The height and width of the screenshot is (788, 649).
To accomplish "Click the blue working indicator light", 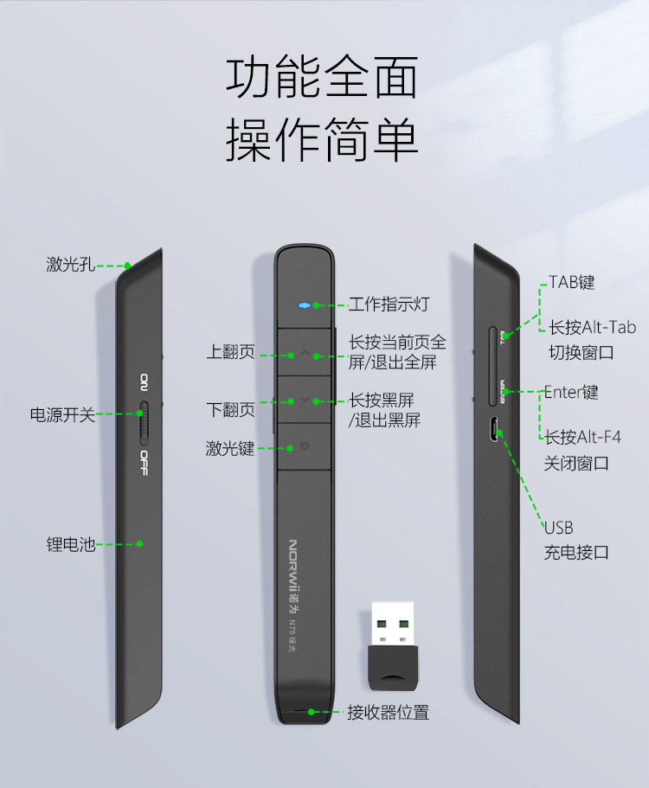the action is [303, 305].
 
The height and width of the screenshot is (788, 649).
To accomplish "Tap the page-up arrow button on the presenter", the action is [304, 352].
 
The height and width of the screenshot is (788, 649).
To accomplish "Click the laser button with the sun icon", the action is [304, 446].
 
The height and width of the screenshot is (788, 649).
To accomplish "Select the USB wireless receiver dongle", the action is [393, 646].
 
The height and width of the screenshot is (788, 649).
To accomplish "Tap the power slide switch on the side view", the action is [144, 423].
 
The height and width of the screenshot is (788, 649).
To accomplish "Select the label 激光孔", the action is [70, 264].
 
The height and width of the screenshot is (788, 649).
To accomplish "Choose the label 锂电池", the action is [70, 544].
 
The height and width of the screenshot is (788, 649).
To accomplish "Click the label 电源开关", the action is [62, 414].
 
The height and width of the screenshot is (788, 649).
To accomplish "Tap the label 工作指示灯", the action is [389, 304].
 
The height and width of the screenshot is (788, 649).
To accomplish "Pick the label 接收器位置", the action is [388, 712].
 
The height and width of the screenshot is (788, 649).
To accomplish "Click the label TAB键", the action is [572, 282].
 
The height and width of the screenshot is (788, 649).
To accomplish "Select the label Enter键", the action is [571, 392].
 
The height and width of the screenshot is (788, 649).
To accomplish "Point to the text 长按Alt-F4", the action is [582, 437].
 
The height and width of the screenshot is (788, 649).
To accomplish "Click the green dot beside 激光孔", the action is [128, 266].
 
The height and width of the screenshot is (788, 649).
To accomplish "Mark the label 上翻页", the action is [231, 351].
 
